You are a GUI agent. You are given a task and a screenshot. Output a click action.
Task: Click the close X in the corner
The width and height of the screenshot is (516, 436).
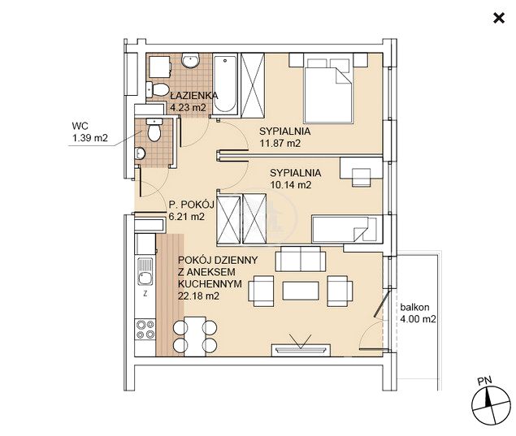coord(499,18)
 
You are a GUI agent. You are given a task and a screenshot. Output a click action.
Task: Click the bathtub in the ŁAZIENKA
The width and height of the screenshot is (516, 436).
coord(225,84)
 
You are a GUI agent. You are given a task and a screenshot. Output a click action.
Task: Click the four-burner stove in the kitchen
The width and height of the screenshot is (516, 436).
coord(145,330)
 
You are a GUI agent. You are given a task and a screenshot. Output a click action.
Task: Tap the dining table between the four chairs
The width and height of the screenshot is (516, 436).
coord(195,336)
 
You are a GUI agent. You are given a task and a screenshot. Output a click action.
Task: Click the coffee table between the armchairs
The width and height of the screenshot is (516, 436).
coord(301,291)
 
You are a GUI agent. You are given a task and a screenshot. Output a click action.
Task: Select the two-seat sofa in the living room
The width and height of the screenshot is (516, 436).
coord(301,259)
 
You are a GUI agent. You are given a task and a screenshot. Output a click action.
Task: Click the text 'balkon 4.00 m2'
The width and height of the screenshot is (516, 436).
coord(418,313)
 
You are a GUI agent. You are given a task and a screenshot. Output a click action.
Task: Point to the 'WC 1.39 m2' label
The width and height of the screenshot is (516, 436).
coord(90,132)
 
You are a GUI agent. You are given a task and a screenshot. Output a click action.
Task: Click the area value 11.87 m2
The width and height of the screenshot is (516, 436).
coord(280,144)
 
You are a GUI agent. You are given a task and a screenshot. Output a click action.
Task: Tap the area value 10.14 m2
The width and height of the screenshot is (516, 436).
coord(291,185)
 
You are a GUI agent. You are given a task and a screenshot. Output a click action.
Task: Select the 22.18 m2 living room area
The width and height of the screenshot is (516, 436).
coord(198,296)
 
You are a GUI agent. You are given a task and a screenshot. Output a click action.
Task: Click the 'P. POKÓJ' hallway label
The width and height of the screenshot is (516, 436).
coord(191,205)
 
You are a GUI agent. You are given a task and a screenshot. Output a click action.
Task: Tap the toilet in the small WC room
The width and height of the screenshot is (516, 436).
coord(154,130)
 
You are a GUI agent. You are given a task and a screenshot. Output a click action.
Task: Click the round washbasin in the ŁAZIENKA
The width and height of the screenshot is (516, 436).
coord(190,61)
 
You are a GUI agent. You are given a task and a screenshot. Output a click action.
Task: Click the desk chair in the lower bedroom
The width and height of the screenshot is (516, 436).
coord(362,177)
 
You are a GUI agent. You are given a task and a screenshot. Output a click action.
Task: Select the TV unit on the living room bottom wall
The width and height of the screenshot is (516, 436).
coord(301,350)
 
